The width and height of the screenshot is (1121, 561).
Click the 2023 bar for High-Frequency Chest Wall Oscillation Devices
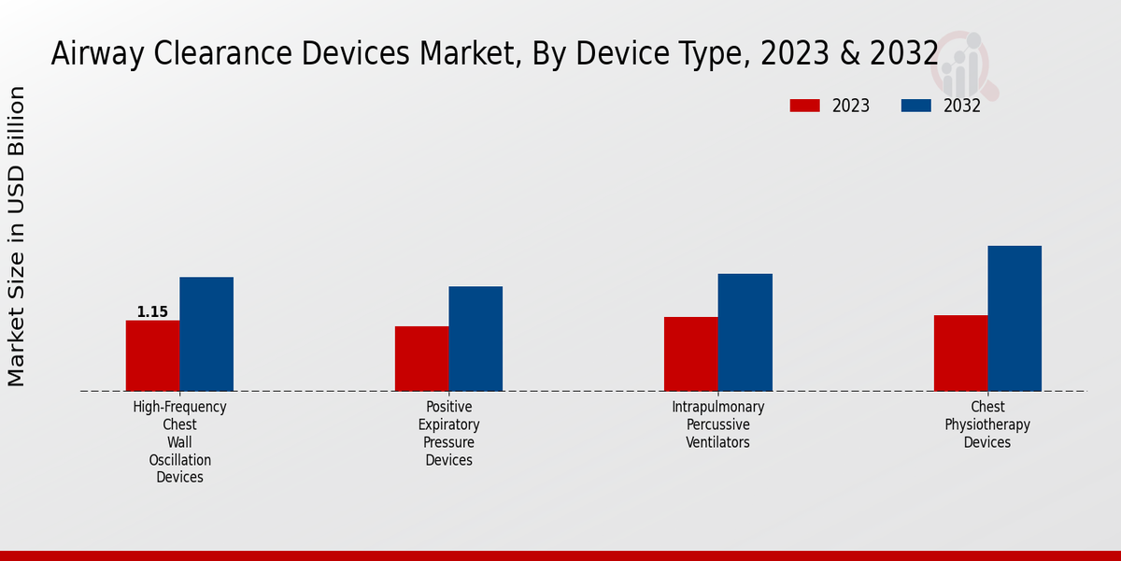click(152, 355)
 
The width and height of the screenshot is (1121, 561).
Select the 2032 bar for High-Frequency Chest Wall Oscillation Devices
click(206, 334)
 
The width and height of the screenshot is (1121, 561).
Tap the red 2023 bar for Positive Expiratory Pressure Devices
click(421, 358)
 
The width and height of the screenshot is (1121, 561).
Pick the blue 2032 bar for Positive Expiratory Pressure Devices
click(475, 338)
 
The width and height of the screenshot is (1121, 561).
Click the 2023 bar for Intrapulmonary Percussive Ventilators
click(691, 353)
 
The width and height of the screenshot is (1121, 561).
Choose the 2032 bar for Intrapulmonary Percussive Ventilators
click(745, 332)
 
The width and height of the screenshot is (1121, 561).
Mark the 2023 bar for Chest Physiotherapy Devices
click(960, 352)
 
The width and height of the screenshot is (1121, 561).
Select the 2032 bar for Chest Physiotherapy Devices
click(1015, 318)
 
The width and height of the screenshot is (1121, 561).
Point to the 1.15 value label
click(152, 312)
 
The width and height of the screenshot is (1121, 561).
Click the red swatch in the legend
click(804, 106)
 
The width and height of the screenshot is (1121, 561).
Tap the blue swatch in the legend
click(915, 106)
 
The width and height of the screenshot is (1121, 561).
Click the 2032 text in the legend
click(962, 106)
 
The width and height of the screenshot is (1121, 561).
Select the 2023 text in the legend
click(851, 106)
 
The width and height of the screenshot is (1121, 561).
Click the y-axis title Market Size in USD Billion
click(17, 236)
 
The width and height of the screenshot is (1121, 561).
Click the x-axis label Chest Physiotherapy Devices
click(987, 424)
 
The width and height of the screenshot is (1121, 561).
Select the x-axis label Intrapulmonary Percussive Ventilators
click(717, 424)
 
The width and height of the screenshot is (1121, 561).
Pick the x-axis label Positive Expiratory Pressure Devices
click(448, 433)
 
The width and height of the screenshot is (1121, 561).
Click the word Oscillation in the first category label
click(179, 460)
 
